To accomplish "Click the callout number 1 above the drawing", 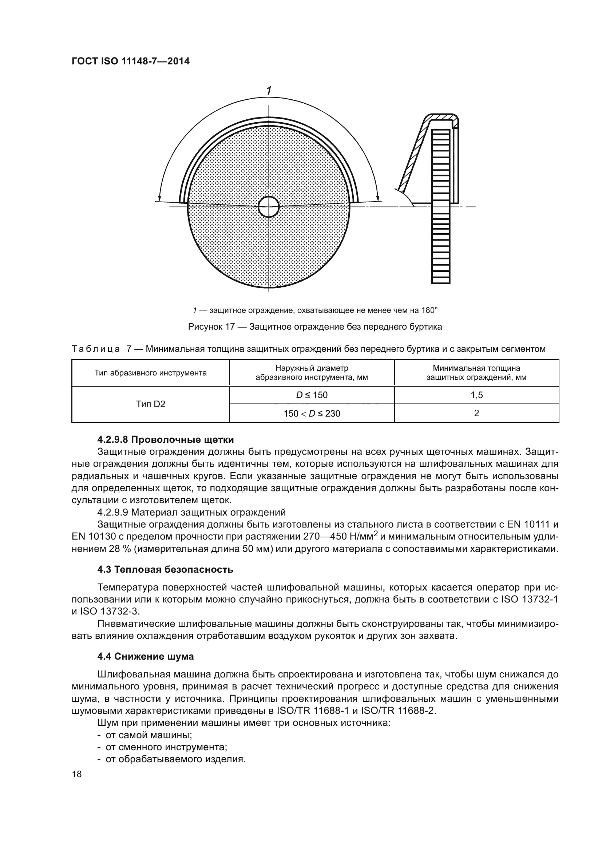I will [x=269, y=91].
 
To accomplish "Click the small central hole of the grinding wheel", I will [x=268, y=207].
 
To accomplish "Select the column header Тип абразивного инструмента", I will [x=151, y=373].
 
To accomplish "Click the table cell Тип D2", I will [x=151, y=404].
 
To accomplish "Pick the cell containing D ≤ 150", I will [x=312, y=395].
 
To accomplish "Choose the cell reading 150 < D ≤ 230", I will [x=312, y=413].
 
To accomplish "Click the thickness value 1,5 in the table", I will [x=476, y=395].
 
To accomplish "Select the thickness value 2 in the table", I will [x=476, y=413].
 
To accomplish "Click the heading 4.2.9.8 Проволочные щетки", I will [x=165, y=440].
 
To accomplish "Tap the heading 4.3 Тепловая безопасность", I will [x=165, y=570].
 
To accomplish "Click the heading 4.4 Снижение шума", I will [x=145, y=657].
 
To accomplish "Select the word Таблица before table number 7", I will [x=96, y=349].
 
